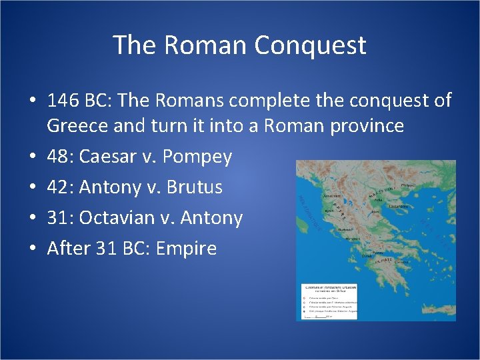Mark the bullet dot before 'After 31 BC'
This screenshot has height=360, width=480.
click(33, 249)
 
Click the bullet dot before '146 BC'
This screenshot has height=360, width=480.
click(33, 101)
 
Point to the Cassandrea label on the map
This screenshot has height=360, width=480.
click(399, 207)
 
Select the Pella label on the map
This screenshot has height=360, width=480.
click(377, 199)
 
